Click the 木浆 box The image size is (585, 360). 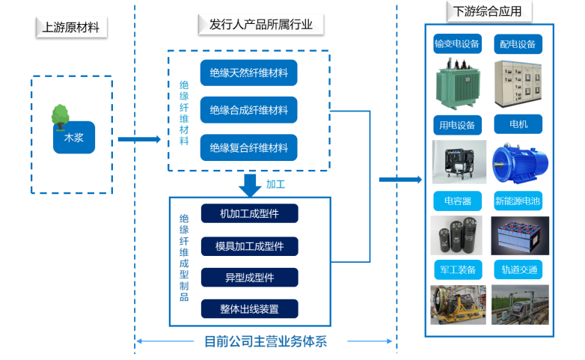click(x=74, y=138)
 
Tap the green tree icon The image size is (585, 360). click(x=60, y=115)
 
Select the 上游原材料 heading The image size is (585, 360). click(x=71, y=28)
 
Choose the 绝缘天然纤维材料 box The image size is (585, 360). click(x=249, y=73)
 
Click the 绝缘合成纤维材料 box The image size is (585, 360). click(x=249, y=111)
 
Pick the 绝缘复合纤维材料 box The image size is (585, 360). click(x=249, y=148)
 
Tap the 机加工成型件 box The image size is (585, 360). click(x=249, y=213)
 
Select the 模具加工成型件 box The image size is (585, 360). click(x=249, y=245)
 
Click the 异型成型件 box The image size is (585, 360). click(x=249, y=278)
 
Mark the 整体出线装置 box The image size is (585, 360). click(x=249, y=309)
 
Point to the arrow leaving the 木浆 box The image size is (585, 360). click(x=139, y=139)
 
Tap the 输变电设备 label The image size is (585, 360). click(x=458, y=44)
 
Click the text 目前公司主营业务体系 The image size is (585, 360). click(x=266, y=341)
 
